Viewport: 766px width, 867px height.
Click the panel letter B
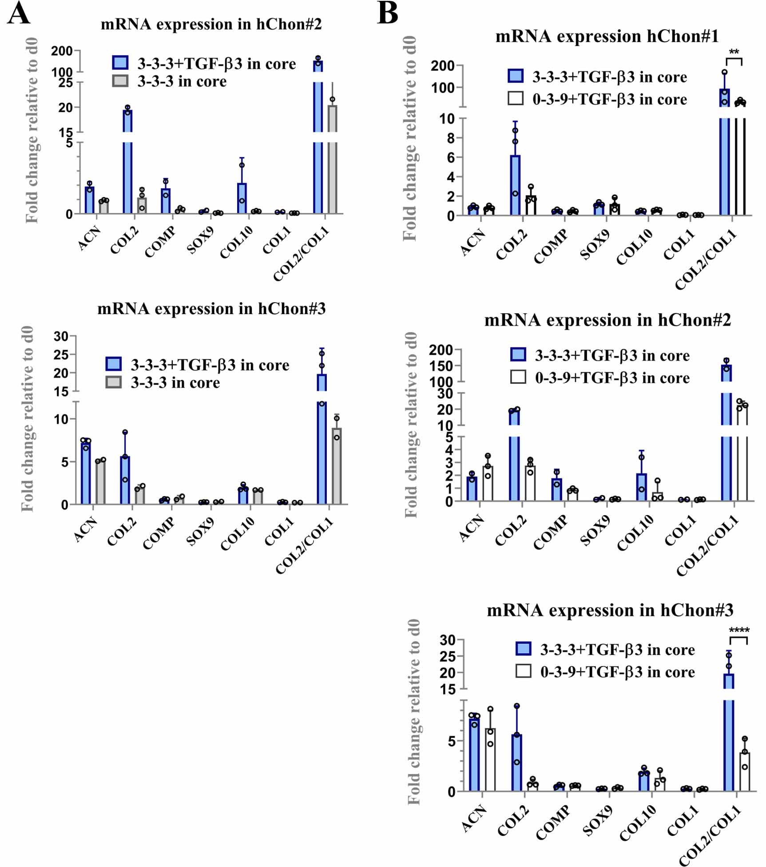coord(387,13)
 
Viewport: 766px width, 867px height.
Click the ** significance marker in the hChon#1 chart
coord(734,52)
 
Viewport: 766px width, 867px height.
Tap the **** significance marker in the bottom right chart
coord(739,630)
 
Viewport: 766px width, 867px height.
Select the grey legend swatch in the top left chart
coord(120,81)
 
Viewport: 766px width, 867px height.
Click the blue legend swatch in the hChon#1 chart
coord(516,76)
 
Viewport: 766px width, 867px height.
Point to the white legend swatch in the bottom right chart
coord(523,671)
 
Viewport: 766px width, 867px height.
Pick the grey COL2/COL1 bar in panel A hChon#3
coord(337,466)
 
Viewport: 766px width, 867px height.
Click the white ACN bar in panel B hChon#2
coord(488,484)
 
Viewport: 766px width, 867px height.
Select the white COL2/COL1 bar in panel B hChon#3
coord(745,772)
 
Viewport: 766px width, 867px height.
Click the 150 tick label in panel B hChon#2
coord(441,366)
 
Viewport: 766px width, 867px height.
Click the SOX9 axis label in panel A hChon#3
coord(200,532)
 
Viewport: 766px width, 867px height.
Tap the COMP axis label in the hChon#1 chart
coord(551,246)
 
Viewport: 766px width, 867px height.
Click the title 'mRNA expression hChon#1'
coord(607,36)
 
